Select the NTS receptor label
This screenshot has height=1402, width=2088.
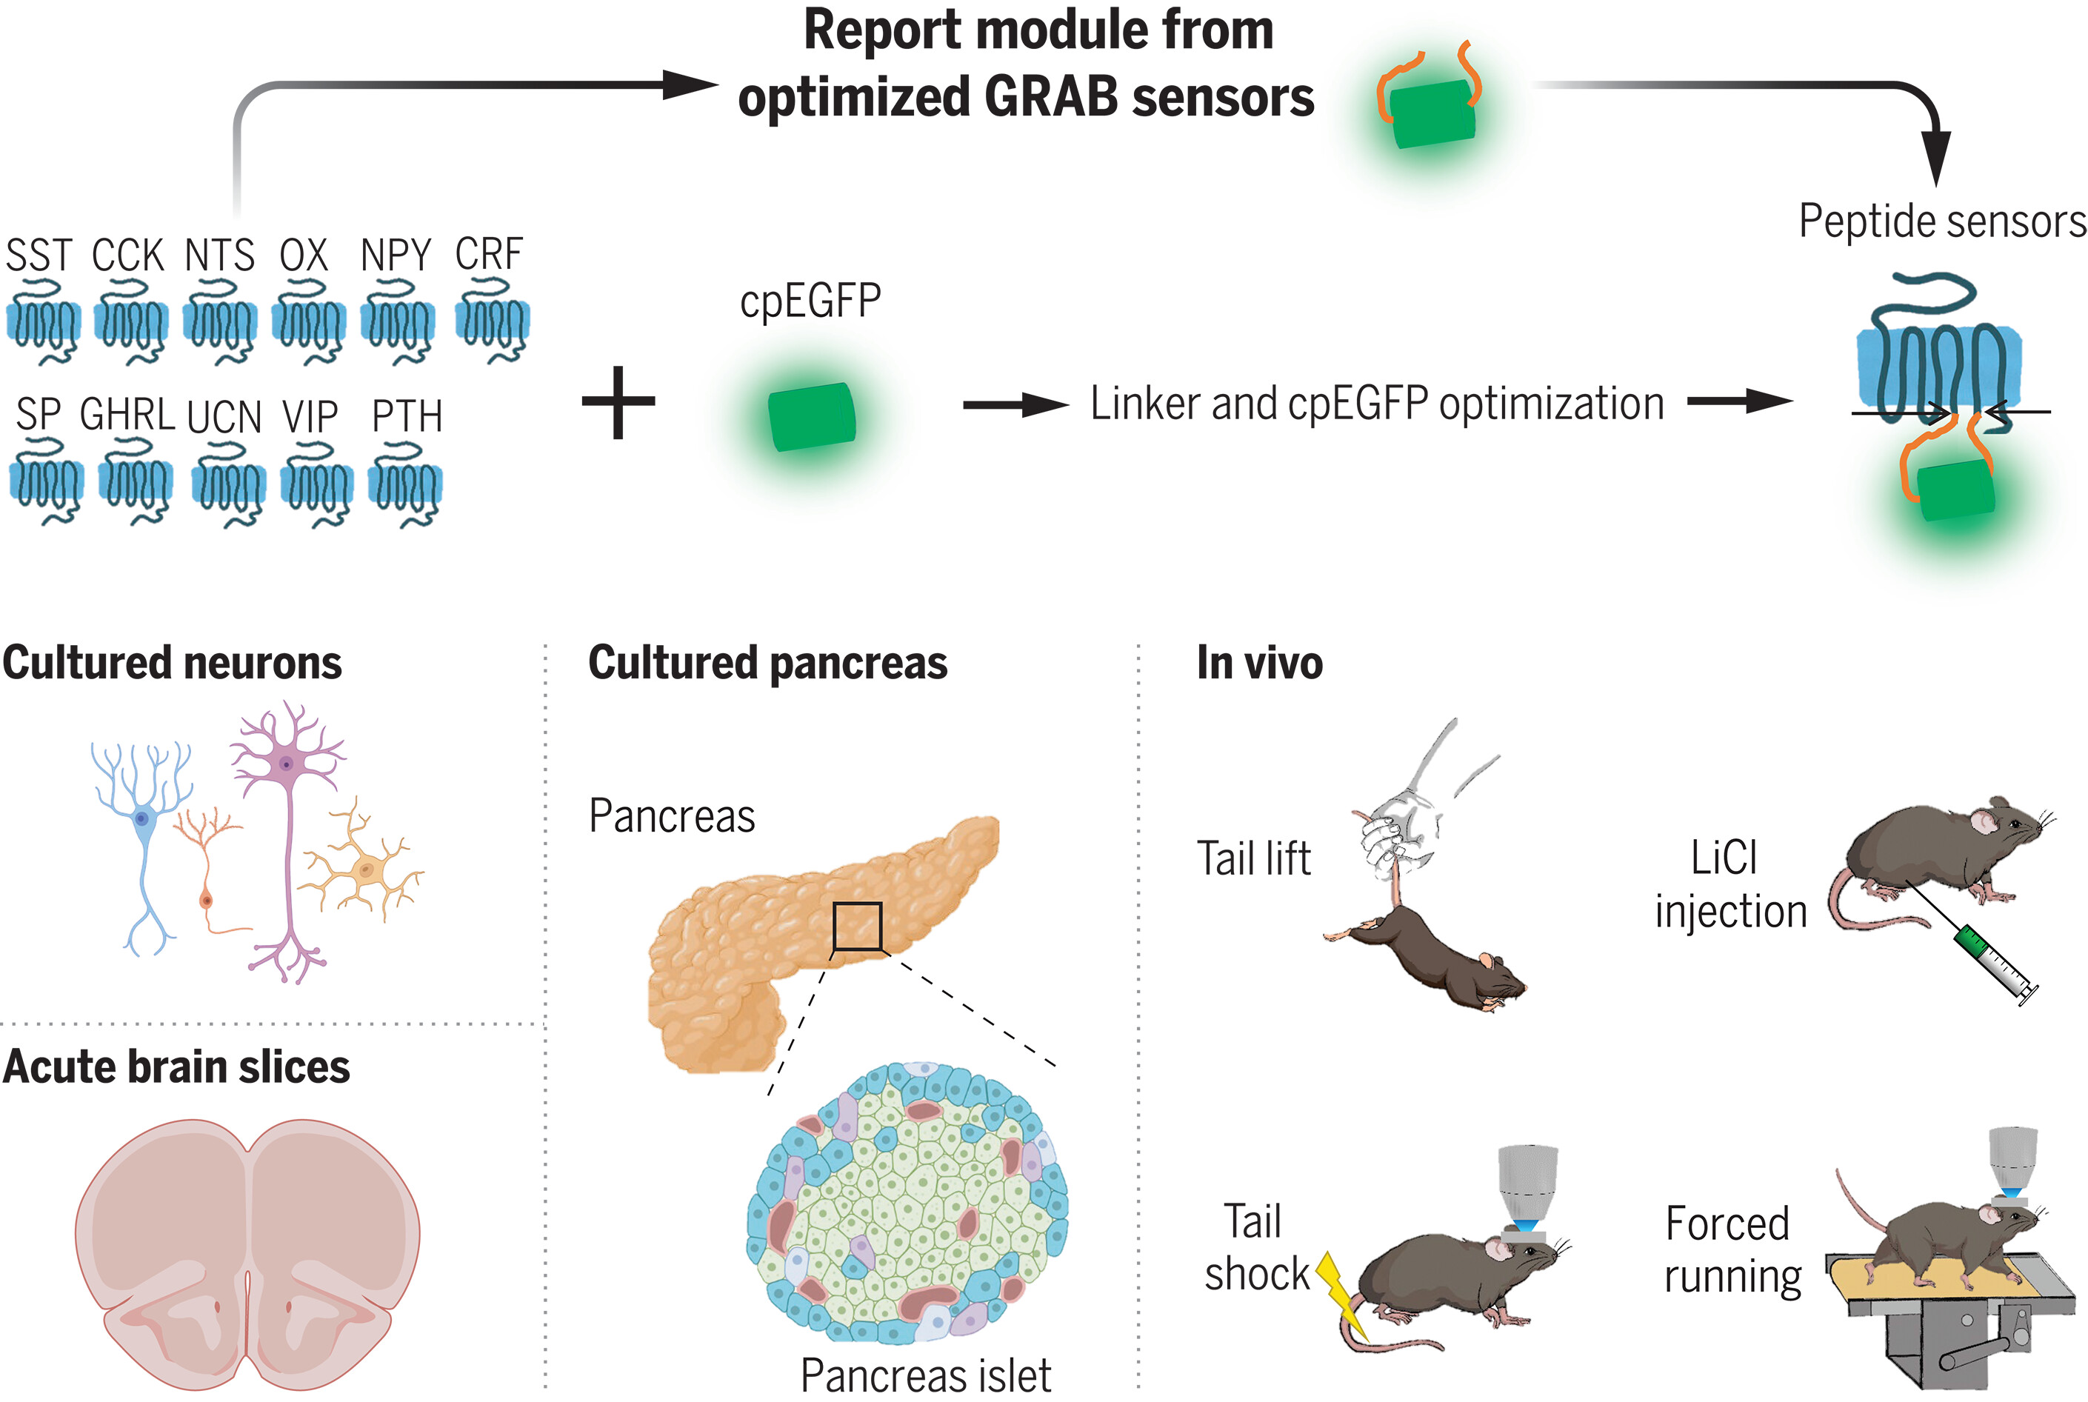tap(219, 256)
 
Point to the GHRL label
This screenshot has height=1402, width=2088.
tap(127, 415)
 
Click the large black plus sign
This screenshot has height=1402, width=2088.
tap(618, 402)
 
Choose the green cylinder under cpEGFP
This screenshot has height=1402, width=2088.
tap(812, 417)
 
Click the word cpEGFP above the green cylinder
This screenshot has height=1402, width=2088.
tap(810, 301)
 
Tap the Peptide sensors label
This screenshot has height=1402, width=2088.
tap(1941, 221)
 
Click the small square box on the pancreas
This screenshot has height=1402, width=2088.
tap(857, 927)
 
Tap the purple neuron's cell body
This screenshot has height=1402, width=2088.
tap(286, 764)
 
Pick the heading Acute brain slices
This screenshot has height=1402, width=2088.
tap(176, 1066)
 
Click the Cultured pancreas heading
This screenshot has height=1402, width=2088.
tap(767, 664)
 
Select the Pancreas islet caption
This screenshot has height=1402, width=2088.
tap(926, 1375)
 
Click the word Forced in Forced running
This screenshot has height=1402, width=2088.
tap(1727, 1224)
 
